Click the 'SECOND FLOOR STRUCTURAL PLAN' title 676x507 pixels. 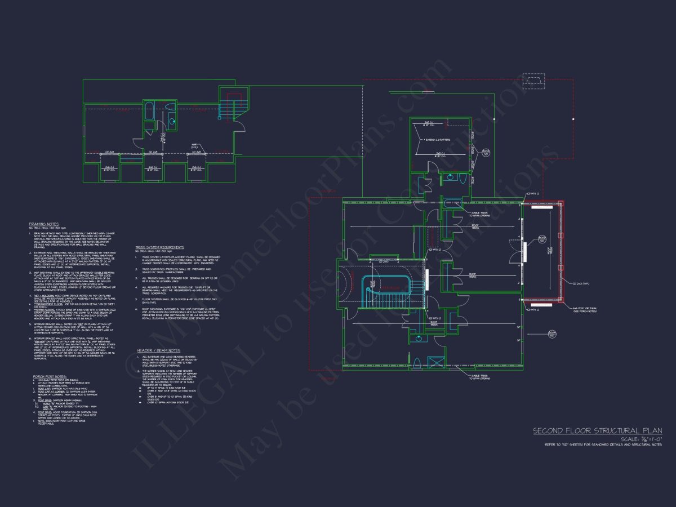(x=598, y=431)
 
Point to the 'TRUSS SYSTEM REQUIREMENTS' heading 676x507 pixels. (x=159, y=247)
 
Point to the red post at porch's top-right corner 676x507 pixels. (x=560, y=203)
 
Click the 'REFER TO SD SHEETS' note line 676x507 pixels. (x=603, y=445)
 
